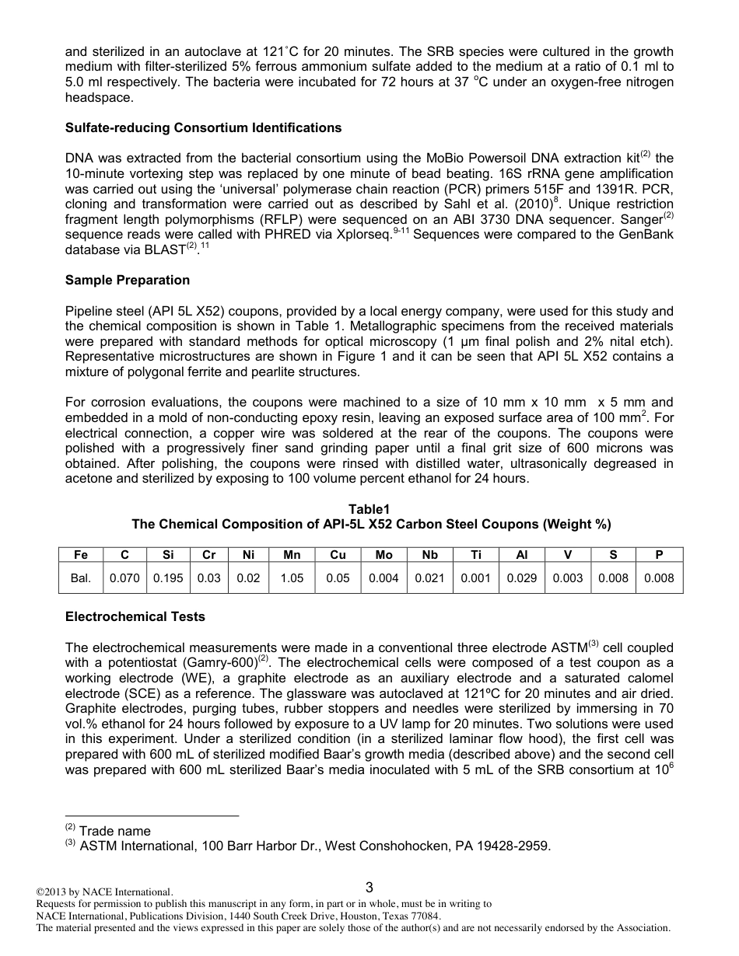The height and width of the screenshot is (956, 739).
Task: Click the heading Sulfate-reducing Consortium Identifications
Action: pyautogui.click(x=203, y=127)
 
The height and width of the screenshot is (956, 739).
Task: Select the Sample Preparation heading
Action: pyautogui.click(x=128, y=280)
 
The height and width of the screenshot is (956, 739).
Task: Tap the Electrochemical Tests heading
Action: pyautogui.click(x=135, y=616)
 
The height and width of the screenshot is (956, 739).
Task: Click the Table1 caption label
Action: pyautogui.click(x=369, y=509)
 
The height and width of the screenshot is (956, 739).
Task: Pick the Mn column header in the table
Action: pyautogui.click(x=292, y=555)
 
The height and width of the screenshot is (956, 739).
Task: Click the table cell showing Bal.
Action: pyautogui.click(x=82, y=578)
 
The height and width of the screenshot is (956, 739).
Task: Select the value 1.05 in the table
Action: pyautogui.click(x=292, y=578)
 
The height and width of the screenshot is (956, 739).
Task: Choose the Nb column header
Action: pyautogui.click(x=429, y=555)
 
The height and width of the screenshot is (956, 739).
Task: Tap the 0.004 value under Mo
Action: pyautogui.click(x=384, y=578)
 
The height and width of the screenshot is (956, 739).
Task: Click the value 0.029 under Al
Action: pyautogui.click(x=522, y=578)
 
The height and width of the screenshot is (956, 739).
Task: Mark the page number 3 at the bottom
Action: pyautogui.click(x=369, y=888)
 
